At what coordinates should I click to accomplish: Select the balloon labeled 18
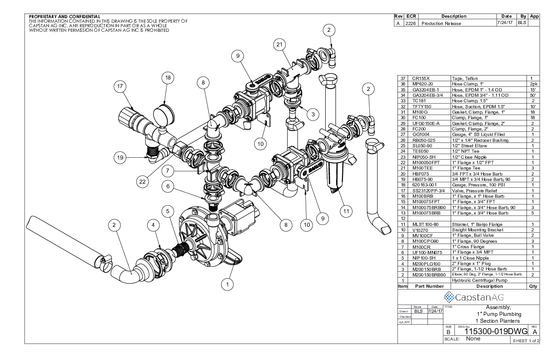point(168,78)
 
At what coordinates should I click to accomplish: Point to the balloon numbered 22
point(144,182)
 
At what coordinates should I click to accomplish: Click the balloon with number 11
point(346,211)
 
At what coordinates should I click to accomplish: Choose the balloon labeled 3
point(311,115)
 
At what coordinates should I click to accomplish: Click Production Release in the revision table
point(442,23)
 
